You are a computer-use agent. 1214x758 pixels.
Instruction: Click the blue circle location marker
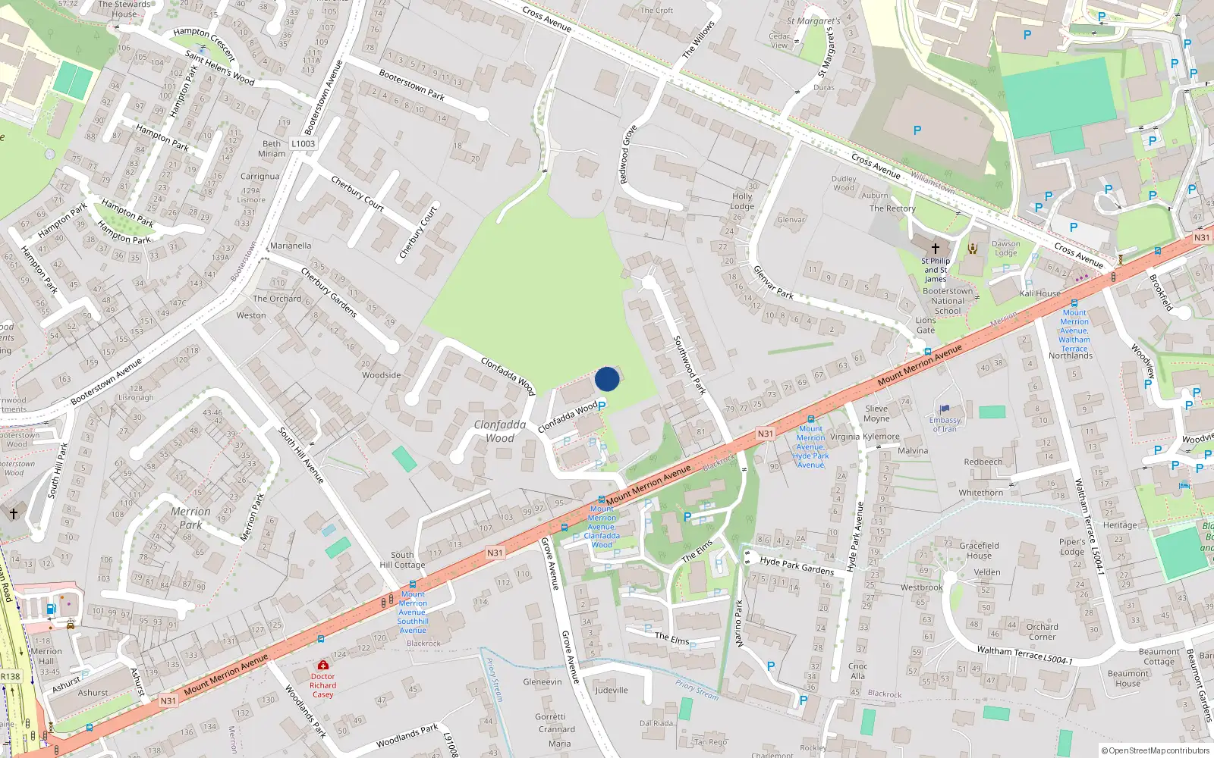607,379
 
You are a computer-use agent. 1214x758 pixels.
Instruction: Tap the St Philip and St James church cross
936,248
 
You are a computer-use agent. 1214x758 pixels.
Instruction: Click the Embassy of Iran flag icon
945,409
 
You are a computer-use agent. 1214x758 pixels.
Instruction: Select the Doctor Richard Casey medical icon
323,665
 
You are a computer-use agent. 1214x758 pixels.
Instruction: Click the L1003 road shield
303,143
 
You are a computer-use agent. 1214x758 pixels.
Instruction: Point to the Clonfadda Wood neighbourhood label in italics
500,431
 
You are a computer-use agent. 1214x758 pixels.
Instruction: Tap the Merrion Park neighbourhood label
190,518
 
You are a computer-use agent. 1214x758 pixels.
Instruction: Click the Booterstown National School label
948,301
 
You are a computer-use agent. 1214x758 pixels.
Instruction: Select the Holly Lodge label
742,201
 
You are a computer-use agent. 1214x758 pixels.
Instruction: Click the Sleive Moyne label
876,413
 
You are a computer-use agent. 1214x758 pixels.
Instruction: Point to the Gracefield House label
979,550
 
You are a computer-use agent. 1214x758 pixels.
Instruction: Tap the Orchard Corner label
1042,631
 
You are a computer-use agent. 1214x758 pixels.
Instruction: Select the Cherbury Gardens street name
329,292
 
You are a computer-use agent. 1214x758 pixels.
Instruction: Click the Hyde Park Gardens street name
797,565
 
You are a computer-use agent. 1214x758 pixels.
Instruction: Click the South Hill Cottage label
402,559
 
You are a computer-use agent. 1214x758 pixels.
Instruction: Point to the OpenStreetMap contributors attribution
1156,750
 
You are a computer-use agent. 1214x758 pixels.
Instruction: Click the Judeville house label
612,690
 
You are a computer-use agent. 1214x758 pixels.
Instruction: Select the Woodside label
381,375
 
